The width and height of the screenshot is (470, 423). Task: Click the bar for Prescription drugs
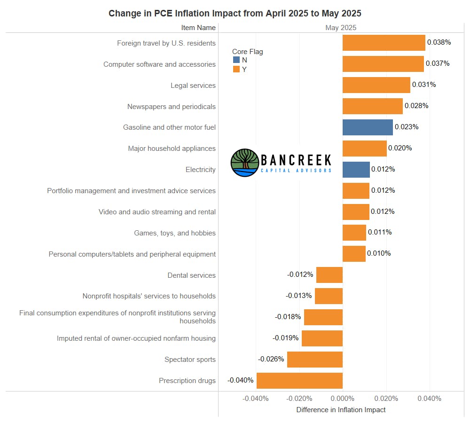point(299,381)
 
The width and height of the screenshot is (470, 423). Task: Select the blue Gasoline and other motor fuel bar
point(368,127)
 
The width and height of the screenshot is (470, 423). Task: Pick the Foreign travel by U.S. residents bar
point(384,43)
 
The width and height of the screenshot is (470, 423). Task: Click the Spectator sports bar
point(314,360)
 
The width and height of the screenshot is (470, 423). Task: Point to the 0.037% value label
point(438,63)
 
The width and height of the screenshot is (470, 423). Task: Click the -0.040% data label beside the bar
point(241,380)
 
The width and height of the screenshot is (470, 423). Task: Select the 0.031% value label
point(424,85)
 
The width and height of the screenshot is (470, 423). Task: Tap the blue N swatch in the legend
point(236,60)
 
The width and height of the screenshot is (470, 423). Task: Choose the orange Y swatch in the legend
point(236,70)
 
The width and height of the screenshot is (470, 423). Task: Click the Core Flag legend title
point(248,52)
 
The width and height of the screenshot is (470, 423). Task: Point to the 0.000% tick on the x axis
point(343,399)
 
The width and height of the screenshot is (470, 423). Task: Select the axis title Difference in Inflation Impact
point(341,410)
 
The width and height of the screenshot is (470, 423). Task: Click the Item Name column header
point(198,28)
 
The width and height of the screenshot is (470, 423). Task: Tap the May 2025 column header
point(341,28)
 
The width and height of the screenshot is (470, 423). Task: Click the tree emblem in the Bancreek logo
point(245,163)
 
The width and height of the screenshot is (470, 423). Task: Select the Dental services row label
point(191,275)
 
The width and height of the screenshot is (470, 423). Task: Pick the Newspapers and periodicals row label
point(171,107)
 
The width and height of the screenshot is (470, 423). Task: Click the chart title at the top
point(235,13)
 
